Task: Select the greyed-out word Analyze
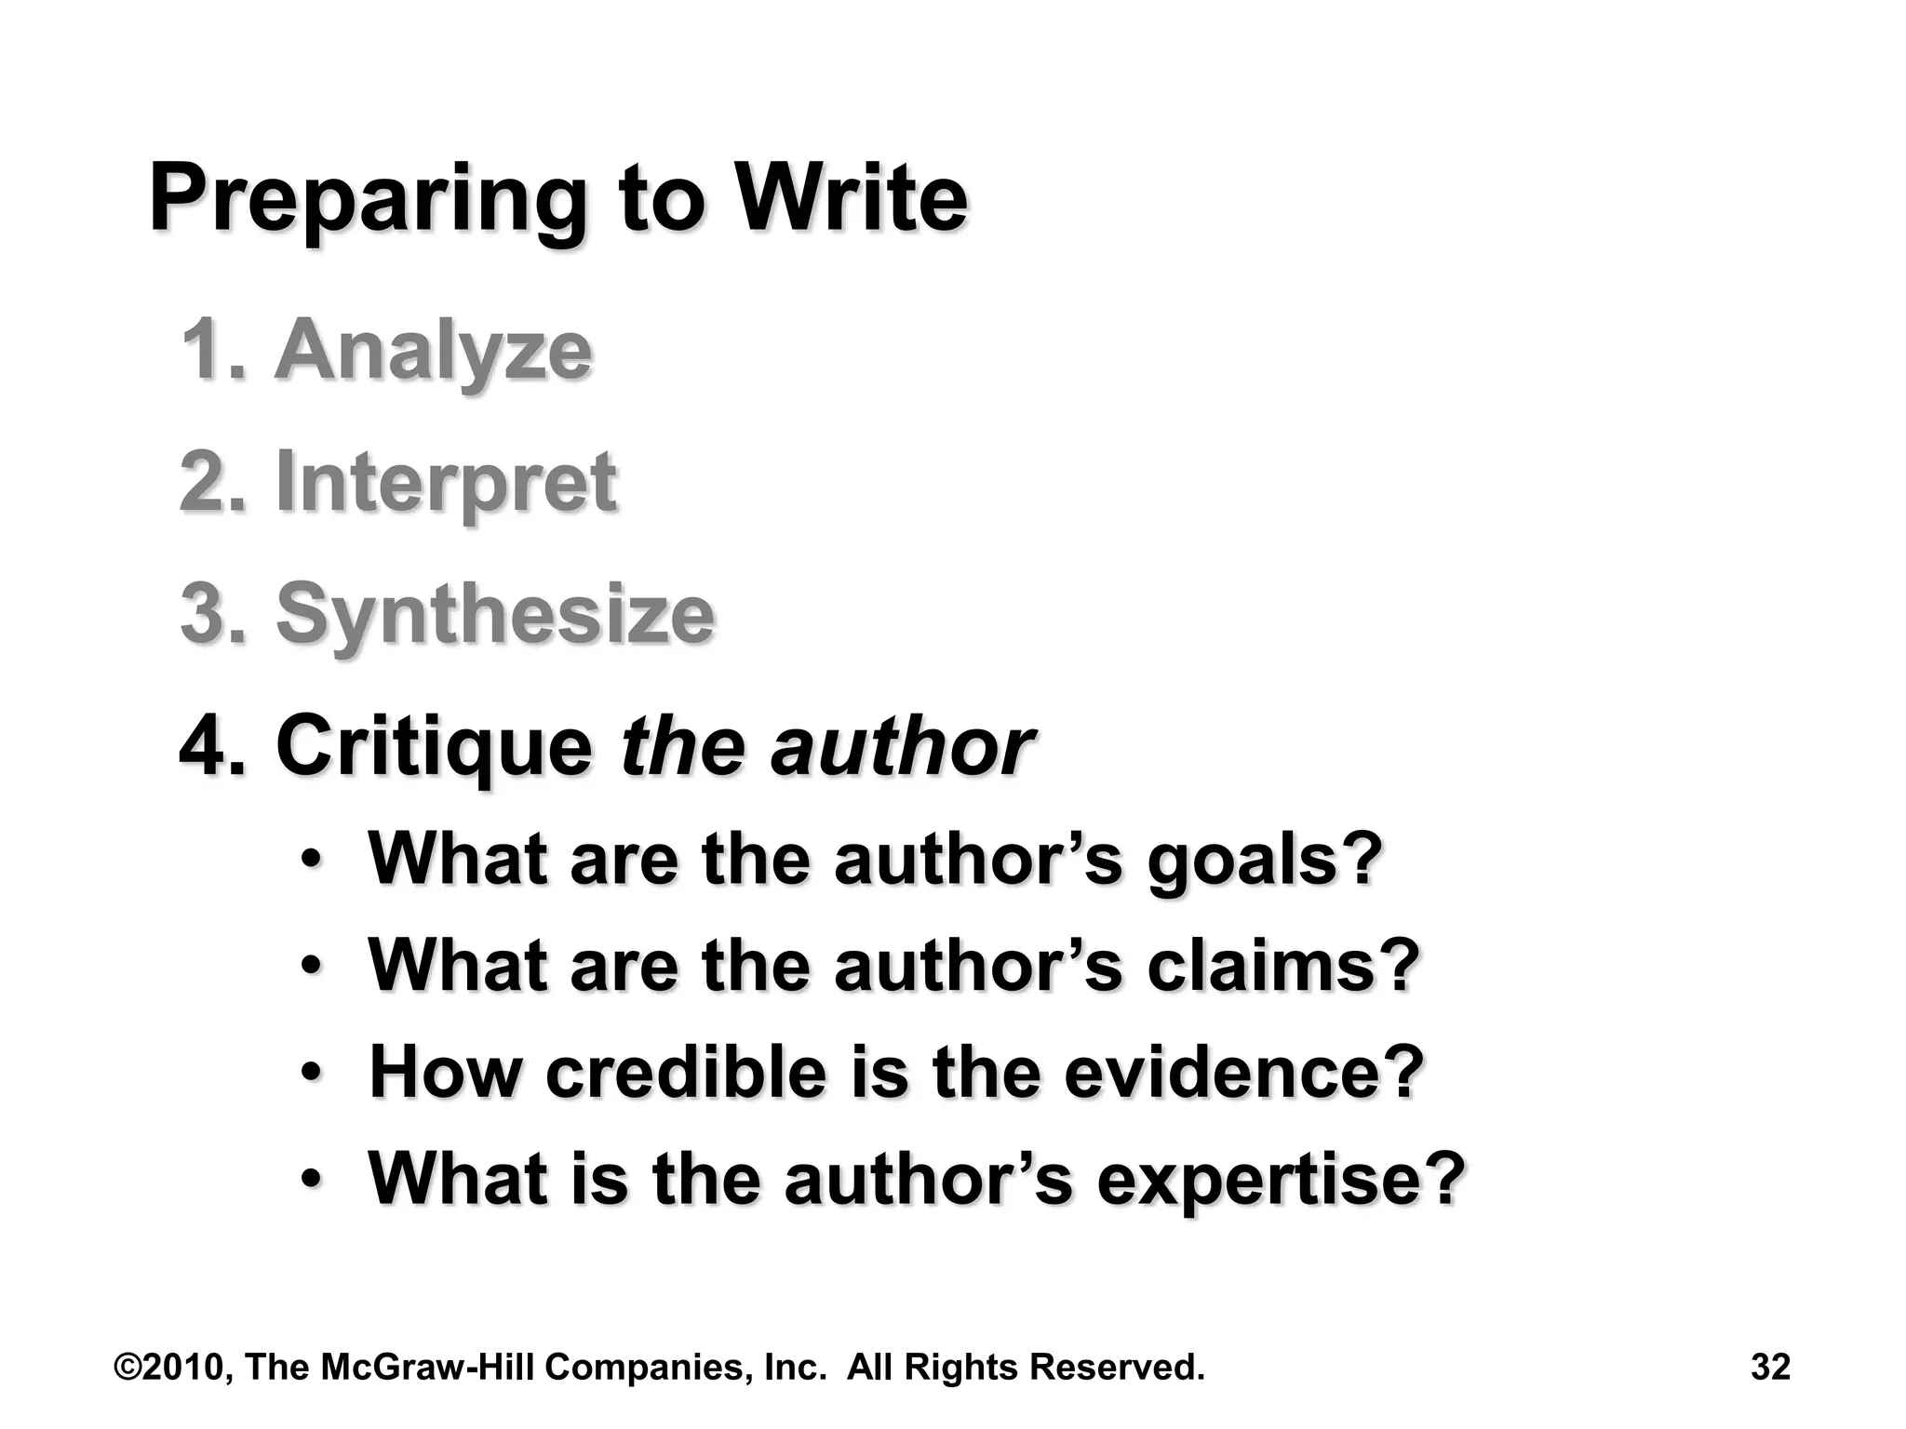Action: (x=433, y=352)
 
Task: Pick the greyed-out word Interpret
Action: (x=446, y=483)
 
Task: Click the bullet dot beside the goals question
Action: (x=313, y=861)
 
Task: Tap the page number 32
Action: (x=1770, y=1368)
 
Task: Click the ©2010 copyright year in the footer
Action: (x=173, y=1368)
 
